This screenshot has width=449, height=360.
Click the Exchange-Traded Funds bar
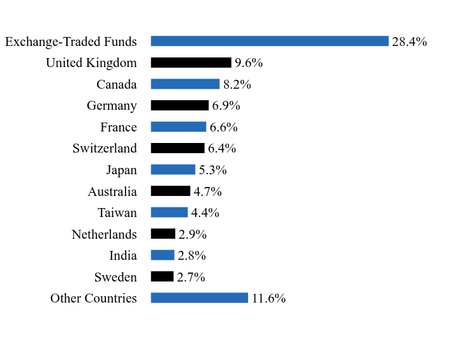pos(269,41)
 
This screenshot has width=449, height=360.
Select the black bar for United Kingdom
pos(191,63)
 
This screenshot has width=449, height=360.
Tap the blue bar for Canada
pos(185,84)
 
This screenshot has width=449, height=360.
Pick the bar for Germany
pos(179,105)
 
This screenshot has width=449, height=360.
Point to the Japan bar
pos(173,170)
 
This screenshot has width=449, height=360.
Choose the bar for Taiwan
pos(169,213)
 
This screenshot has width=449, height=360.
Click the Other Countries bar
pos(199,298)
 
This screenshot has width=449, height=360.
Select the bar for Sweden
pos(162,276)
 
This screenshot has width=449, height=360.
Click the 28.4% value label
pos(409,41)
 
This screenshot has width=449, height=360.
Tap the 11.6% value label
pos(269,298)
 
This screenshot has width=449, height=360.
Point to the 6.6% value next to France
pos(224,127)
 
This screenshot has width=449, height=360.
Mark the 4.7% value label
pos(208,191)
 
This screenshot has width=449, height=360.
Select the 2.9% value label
pos(193,234)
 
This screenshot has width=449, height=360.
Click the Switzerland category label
pos(105,148)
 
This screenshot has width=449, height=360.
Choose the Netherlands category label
pos(104,234)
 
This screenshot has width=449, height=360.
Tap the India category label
pos(123,255)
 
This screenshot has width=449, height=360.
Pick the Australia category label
pos(112,191)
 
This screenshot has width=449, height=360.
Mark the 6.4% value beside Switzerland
pos(222,148)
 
